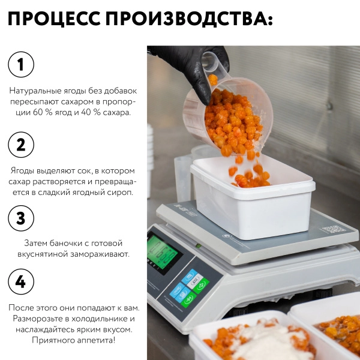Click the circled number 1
point(21,64)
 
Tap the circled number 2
point(21,145)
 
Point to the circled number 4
point(21,281)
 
